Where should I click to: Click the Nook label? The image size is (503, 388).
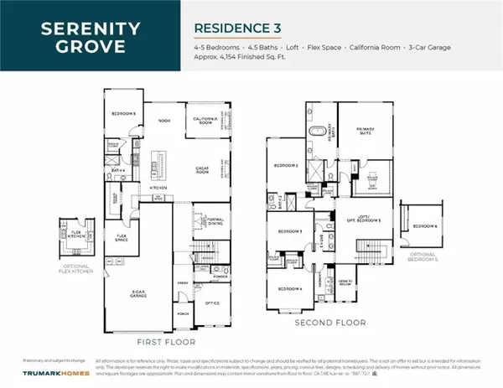164,120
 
